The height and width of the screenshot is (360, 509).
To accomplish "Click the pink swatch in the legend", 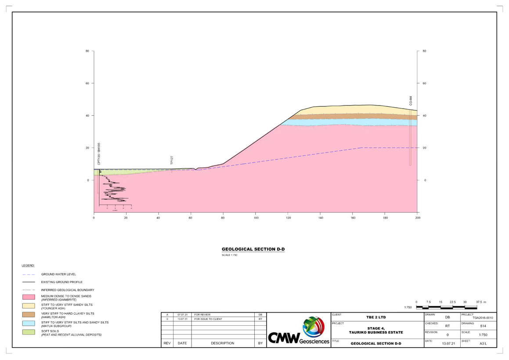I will tap(28, 298).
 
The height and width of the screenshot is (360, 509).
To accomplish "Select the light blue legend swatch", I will tap(28, 324).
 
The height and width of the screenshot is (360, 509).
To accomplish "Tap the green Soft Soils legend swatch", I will tap(28, 332).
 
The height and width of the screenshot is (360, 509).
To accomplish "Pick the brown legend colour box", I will tap(28, 315).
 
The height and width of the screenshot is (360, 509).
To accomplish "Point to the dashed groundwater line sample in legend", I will tap(28, 274).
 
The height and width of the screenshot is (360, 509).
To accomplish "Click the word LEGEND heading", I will tap(28, 266).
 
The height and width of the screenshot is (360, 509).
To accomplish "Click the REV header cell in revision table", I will tap(167, 343).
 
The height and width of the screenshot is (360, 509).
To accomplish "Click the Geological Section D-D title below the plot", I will tap(253, 249).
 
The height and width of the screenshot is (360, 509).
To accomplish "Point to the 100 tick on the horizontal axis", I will tap(256, 217).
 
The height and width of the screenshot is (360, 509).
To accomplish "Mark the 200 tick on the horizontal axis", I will tap(417, 217).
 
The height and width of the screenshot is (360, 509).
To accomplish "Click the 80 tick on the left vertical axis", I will tap(87, 51).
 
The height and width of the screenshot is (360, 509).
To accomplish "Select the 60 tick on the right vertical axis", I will tap(424, 83).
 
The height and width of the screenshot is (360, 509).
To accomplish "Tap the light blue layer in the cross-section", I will tap(351, 122).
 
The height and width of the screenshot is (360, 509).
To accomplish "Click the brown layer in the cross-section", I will tap(351, 116).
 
